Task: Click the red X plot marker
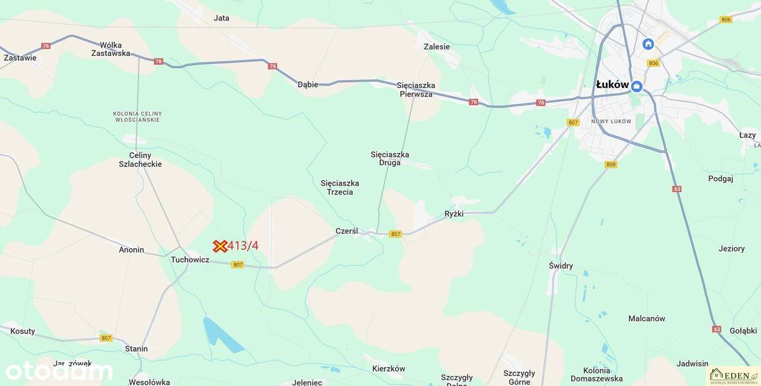point(221,246)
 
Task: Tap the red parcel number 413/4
point(243,246)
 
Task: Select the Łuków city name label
point(612,85)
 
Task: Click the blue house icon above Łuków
point(648,44)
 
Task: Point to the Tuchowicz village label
point(190,260)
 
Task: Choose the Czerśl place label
point(347,231)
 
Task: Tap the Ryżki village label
point(454,214)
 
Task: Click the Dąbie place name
point(308,84)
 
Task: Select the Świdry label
point(561,266)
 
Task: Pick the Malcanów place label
point(646,319)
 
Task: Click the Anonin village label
point(131,250)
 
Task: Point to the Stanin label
point(136,349)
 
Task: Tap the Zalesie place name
point(436,46)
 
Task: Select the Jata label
point(221,18)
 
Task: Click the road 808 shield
point(611,164)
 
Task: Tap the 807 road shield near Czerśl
point(395,234)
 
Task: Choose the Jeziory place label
point(731,249)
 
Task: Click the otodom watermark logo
point(59,371)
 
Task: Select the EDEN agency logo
point(732,375)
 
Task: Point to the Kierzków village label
point(388,369)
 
